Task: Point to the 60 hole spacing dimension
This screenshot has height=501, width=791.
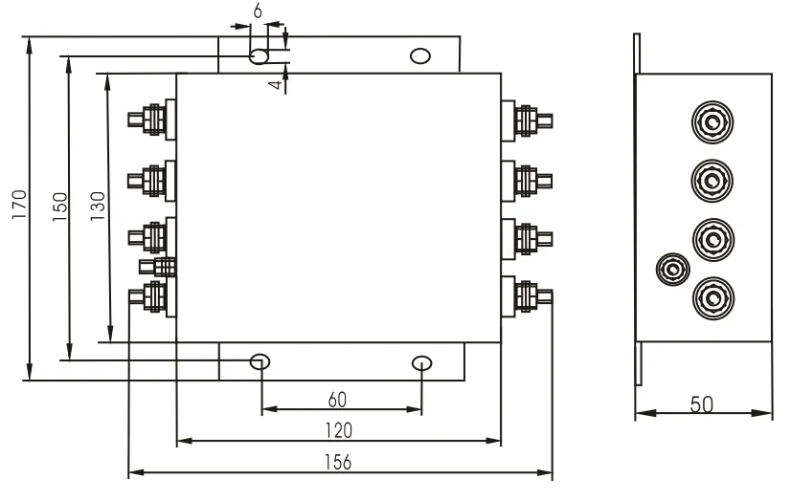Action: [337, 397]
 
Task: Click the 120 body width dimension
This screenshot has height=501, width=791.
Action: [338, 428]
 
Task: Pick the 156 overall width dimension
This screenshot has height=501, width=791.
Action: [338, 461]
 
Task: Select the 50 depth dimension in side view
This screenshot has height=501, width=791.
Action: [702, 403]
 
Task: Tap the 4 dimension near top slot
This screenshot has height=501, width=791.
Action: [276, 84]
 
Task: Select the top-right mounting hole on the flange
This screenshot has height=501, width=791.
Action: [418, 55]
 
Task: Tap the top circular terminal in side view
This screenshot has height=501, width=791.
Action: [711, 122]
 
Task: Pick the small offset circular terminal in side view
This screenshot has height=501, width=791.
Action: [672, 270]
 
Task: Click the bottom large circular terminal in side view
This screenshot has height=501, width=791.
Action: [711, 295]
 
